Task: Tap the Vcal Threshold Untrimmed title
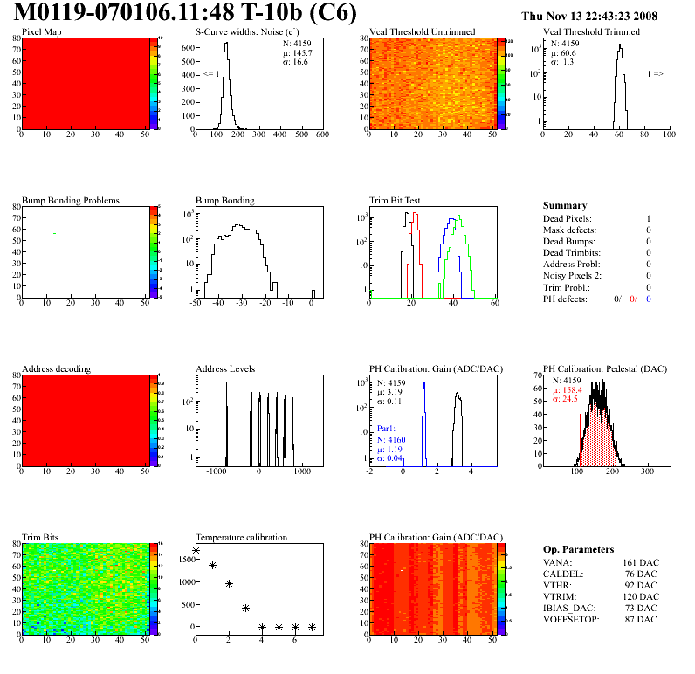click(422, 32)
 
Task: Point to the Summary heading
click(565, 206)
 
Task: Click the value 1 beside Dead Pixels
click(648, 218)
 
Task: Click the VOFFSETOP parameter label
click(572, 620)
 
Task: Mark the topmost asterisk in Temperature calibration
click(196, 551)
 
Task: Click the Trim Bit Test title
click(396, 201)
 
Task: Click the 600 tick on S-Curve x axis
click(321, 135)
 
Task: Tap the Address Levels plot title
click(225, 369)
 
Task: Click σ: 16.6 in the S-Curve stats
click(295, 62)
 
